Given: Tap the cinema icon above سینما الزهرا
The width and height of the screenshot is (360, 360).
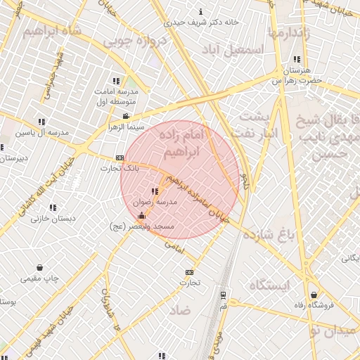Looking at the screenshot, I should pos(126,117).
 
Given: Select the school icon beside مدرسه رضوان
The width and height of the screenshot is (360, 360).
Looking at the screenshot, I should pos(154,192).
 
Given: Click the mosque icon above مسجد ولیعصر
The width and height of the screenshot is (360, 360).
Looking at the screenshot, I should pos(143,216).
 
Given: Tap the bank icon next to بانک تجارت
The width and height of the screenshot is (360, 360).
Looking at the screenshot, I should pos(120,157).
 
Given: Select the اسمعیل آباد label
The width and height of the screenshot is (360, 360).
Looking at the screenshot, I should pos(231,51).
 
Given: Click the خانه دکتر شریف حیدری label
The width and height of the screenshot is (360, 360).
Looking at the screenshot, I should pos(202,22).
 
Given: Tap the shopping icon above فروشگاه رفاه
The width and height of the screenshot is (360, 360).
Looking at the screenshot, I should pos(314,295).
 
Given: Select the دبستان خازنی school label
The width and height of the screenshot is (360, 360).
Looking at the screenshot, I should pos(50,219).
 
